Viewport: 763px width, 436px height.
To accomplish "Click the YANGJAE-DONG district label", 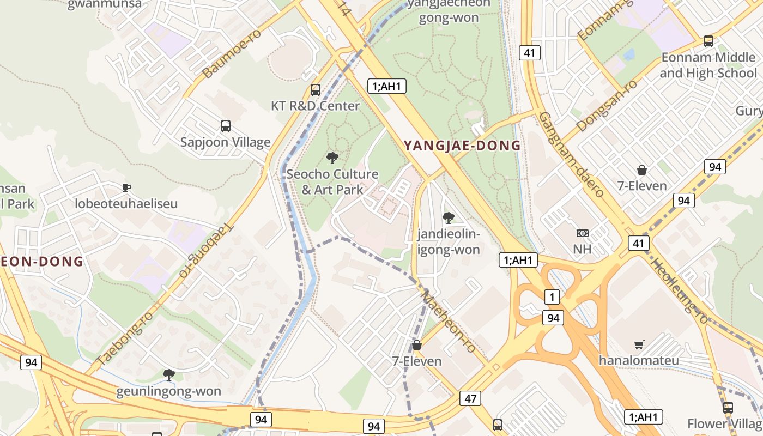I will (462, 146).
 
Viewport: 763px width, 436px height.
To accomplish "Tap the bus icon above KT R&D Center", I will (316, 90).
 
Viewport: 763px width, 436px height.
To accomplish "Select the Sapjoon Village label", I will (226, 142).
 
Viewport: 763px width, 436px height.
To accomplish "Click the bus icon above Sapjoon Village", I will (226, 126).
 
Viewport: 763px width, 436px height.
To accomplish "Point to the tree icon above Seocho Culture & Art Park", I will (332, 158).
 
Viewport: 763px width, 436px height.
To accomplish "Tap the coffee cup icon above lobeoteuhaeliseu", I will (126, 188).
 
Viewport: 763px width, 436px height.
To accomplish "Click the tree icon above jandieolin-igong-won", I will (448, 218).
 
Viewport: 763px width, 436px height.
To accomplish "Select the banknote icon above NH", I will (582, 233).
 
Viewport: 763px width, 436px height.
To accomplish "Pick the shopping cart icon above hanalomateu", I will (639, 344).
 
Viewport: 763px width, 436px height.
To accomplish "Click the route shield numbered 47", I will (470, 398).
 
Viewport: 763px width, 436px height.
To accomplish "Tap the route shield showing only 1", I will (552, 297).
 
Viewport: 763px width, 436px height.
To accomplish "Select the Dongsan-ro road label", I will (607, 106).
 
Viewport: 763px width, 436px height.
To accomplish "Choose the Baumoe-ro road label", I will (232, 53).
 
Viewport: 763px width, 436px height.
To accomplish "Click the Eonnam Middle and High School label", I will (708, 65).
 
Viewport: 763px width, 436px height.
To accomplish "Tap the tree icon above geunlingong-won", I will (169, 375).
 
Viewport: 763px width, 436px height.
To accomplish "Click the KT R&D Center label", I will (316, 106).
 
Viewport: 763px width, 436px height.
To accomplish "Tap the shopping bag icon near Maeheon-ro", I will (417, 345).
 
